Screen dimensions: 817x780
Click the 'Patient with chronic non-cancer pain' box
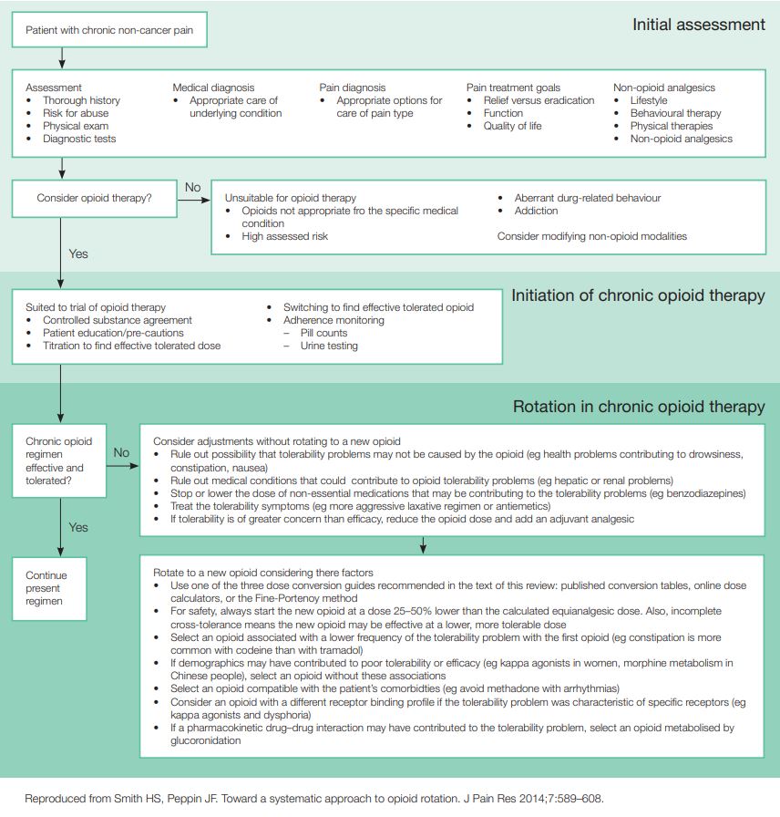(108, 30)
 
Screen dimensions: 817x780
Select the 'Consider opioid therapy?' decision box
(95, 197)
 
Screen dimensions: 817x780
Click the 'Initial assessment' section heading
(698, 25)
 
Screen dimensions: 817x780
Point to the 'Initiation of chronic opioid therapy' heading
(638, 295)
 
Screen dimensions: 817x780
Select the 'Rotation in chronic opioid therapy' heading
(639, 407)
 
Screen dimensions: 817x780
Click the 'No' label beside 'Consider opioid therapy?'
(193, 188)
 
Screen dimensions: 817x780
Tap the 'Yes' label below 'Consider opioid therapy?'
(78, 253)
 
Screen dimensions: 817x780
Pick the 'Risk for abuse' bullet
(75, 113)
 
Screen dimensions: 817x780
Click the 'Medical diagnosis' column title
(213, 88)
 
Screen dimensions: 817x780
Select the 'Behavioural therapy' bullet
(675, 113)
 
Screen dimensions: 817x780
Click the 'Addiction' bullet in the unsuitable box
(536, 211)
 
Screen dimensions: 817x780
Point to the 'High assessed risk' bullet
(284, 236)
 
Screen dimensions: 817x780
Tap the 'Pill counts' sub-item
(325, 333)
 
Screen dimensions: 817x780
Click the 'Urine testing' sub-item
(329, 346)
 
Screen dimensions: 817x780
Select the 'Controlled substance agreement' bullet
(118, 320)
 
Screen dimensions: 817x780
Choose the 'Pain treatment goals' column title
(513, 88)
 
